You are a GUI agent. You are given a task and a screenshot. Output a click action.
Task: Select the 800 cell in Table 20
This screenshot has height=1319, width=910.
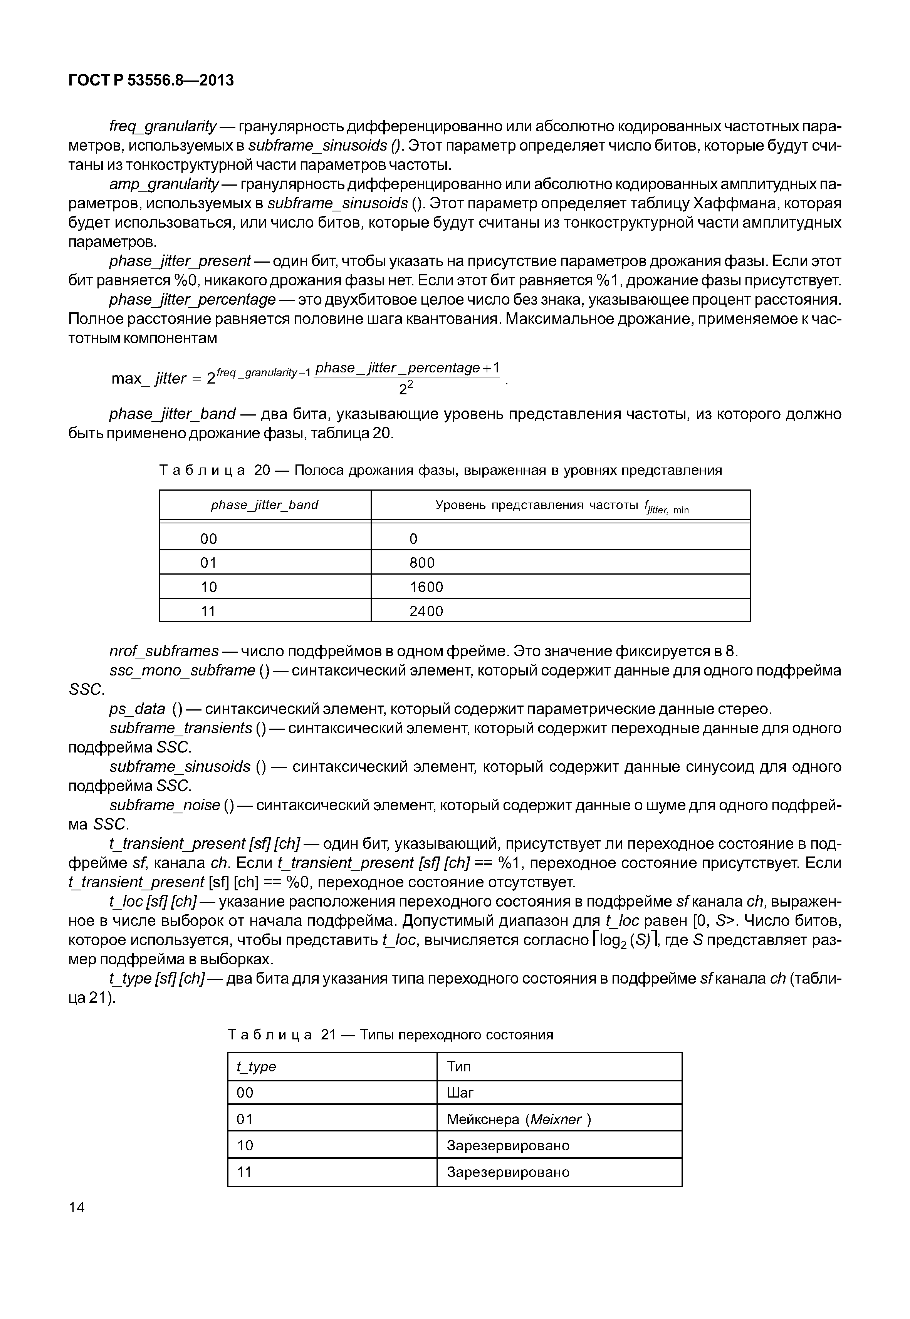422,563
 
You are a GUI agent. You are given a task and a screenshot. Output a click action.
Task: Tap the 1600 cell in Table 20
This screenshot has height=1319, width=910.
426,587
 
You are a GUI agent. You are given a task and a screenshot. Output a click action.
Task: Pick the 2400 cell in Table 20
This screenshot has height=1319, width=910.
426,611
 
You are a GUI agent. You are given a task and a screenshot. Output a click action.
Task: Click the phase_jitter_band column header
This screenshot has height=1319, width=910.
265,504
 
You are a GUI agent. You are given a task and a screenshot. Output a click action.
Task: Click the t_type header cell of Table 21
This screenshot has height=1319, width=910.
257,1066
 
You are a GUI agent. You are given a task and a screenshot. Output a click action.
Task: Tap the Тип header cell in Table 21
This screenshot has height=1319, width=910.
459,1066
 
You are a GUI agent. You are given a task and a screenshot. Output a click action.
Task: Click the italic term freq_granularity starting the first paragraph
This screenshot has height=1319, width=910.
163,126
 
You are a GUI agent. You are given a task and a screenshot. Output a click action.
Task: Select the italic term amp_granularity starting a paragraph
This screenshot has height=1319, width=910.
164,184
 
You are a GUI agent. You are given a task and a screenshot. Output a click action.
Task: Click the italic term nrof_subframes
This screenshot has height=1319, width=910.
164,651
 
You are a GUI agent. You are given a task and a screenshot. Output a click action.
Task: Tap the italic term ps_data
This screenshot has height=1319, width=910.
137,709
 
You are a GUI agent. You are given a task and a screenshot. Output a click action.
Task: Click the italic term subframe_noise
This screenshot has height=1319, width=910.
164,805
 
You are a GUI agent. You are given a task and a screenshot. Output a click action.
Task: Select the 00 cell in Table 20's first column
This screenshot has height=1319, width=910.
209,539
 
